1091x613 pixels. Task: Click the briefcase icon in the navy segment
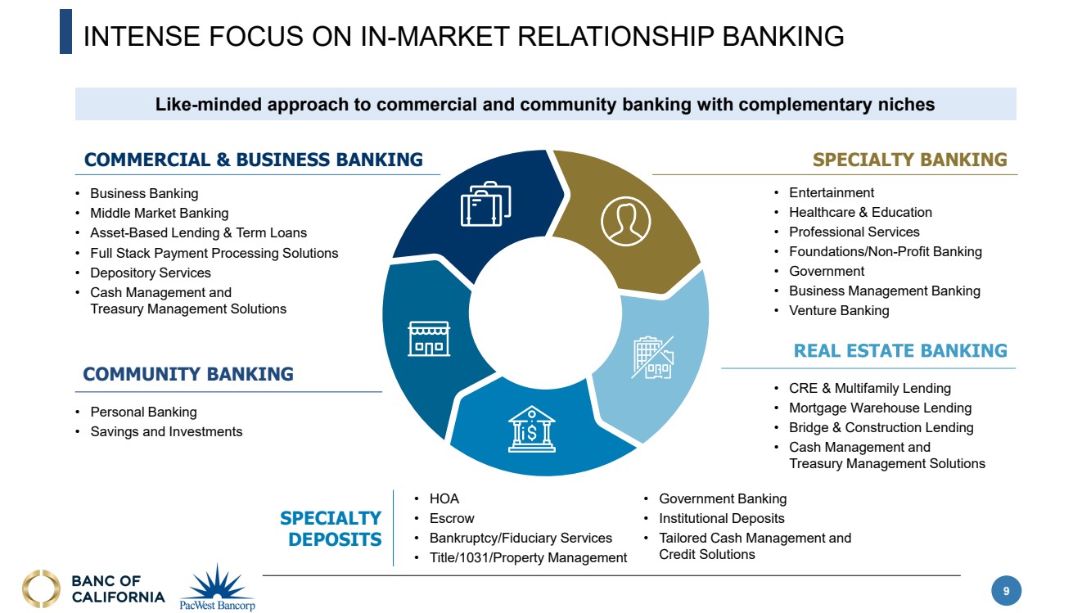tap(485, 205)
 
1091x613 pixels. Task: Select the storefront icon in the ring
tap(429, 338)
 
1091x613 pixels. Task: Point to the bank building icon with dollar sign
tap(531, 428)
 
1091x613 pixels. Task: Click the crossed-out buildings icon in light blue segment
tap(652, 358)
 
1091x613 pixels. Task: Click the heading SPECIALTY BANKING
tap(909, 160)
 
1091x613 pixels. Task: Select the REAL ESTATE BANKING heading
tap(900, 351)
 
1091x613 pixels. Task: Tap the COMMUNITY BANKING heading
tap(188, 374)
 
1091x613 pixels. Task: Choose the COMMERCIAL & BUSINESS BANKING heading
tap(254, 160)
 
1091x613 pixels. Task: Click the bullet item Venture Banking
tap(839, 310)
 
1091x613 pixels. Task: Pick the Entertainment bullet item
tap(832, 192)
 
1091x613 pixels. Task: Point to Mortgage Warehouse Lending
tap(880, 408)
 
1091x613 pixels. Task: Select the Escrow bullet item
tap(452, 518)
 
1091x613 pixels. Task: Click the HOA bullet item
tap(444, 498)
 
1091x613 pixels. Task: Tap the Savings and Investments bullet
tap(166, 431)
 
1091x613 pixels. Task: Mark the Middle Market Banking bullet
tap(159, 213)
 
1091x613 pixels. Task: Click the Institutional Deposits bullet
tap(721, 518)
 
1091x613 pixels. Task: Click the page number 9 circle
tap(1007, 590)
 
